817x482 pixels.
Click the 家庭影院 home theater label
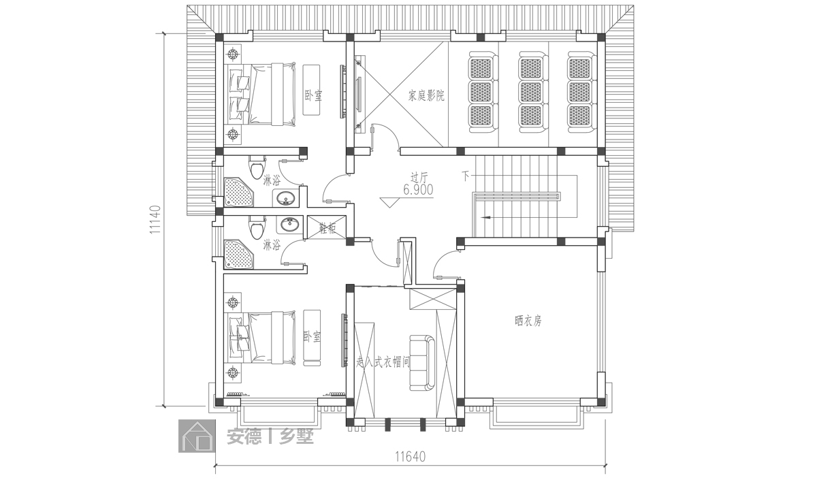pyautogui.click(x=426, y=96)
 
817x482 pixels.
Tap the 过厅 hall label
pyautogui.click(x=419, y=178)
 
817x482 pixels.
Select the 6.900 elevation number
pyautogui.click(x=418, y=190)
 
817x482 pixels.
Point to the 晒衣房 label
pyautogui.click(x=528, y=321)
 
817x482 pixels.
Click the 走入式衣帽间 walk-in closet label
pyautogui.click(x=383, y=362)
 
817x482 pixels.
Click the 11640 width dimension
pyautogui.click(x=411, y=457)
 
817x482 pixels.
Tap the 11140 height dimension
pyautogui.click(x=155, y=219)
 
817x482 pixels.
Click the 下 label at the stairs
pyautogui.click(x=466, y=176)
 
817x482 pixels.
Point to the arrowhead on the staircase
pyautogui.click(x=485, y=218)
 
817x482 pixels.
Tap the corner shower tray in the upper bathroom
pyautogui.click(x=238, y=192)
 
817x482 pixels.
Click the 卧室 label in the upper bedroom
pyautogui.click(x=314, y=96)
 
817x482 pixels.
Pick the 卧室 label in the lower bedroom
pyautogui.click(x=313, y=337)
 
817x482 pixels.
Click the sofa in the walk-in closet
pyautogui.click(x=422, y=363)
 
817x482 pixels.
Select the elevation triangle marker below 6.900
pyautogui.click(x=389, y=203)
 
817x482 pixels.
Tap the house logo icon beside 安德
pyautogui.click(x=197, y=436)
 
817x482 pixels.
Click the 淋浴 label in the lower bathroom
pyautogui.click(x=272, y=244)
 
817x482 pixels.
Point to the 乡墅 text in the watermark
pyautogui.click(x=297, y=436)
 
